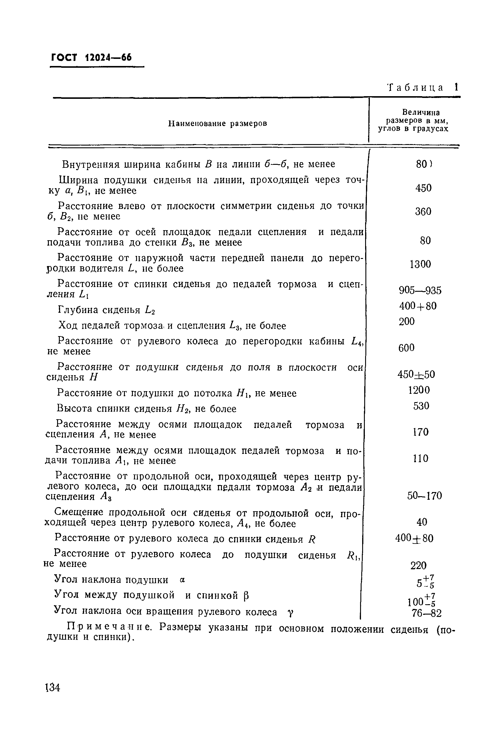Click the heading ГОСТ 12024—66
pos(91,58)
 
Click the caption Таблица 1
pos(423,88)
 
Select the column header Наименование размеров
pos(217,123)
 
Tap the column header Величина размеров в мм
pos(413,121)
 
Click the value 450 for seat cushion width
pos(423,188)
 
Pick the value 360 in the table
pos(423,212)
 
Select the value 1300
pos(420,264)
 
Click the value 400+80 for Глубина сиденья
pos(418,306)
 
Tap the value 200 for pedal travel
pos(407,321)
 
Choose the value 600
pos(406,348)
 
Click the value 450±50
pos(416,374)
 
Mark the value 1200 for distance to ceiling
pos(419,390)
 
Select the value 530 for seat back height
pos(421,406)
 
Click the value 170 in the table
pos(420,432)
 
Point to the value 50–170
pos(424,496)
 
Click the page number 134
pos(53,688)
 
